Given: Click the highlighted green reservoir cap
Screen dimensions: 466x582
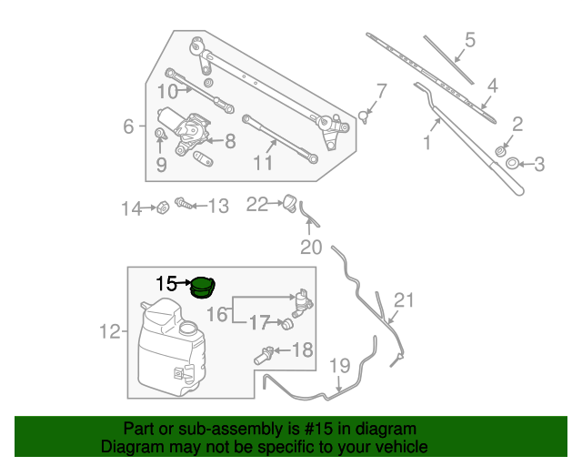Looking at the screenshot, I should tap(202, 289).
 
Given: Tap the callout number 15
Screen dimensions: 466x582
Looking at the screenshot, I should tap(166, 284).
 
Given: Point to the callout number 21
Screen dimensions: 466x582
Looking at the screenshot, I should tap(404, 301).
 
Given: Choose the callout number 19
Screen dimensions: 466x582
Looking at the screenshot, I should tap(339, 367).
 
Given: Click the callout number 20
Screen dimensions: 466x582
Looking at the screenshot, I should tap(312, 248).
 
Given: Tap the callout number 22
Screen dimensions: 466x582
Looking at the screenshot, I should tap(257, 205).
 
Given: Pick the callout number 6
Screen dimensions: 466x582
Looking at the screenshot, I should tap(128, 127).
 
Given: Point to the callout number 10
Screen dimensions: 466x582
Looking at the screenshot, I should tap(167, 91).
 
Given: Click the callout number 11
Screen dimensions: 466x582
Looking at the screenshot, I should tap(263, 164).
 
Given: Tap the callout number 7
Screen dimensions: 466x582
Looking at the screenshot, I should tap(381, 91).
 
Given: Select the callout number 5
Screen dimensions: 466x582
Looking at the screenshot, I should tap(469, 40).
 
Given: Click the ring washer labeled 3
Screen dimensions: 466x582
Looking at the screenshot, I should tap(513, 163).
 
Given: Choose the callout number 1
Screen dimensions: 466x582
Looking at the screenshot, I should tap(426, 142).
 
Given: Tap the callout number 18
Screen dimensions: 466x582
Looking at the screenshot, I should tap(302, 349).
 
